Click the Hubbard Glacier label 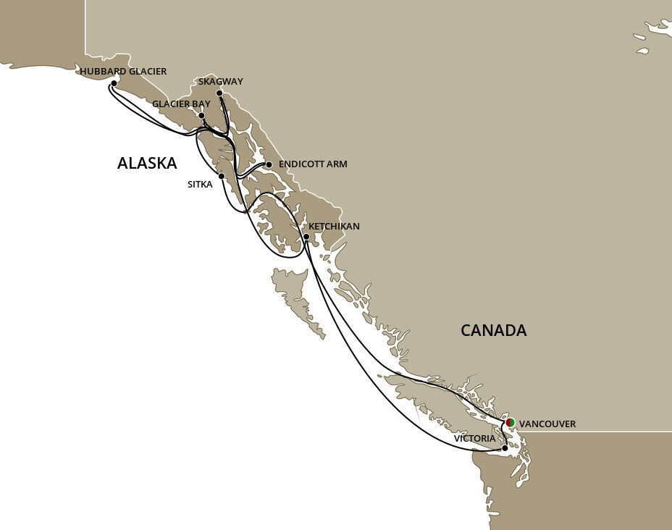point(123,72)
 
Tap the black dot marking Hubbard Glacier point(113,84)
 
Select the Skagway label point(220,81)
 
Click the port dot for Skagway point(219,93)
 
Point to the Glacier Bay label point(181,104)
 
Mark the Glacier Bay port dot point(202,116)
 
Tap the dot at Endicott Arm point(269,164)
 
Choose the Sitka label point(200,185)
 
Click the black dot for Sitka point(221,176)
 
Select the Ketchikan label point(335,227)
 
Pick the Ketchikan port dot point(306,237)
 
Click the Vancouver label point(548,424)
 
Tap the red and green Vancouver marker point(511,422)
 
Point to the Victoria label point(475,439)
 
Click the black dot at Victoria point(505,448)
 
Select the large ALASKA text point(147,164)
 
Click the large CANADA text point(494,331)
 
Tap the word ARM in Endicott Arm point(337,164)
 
